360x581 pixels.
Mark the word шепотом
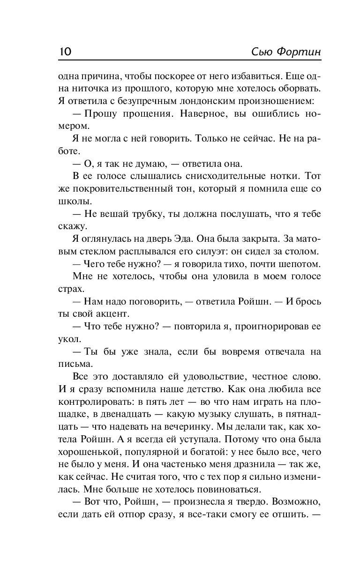(299, 264)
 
